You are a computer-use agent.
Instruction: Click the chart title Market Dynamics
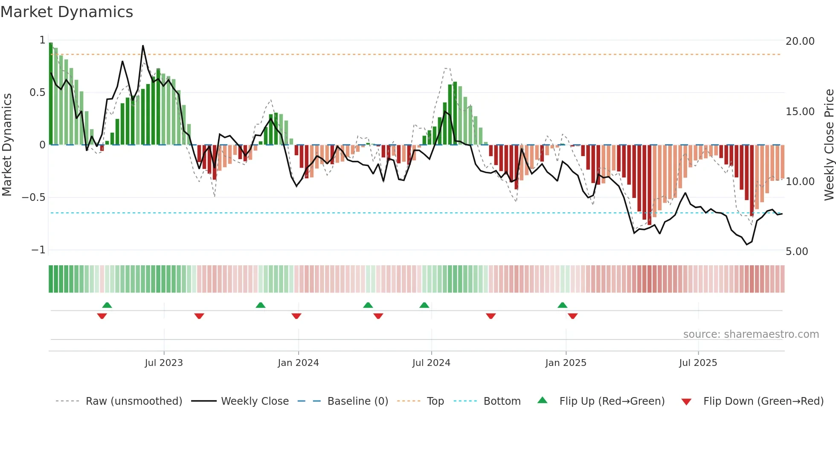point(67,12)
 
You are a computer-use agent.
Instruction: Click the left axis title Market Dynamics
point(7,145)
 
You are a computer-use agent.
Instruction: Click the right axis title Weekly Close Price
point(829,145)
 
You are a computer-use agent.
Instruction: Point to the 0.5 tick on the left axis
point(37,93)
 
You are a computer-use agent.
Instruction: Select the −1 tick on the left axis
point(38,250)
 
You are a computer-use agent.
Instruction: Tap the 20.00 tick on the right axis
point(800,41)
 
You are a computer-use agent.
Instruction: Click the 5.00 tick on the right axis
point(797,252)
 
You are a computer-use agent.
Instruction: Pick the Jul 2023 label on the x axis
point(164,363)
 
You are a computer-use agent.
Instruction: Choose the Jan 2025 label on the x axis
point(566,363)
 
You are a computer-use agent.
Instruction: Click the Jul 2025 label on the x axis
point(698,363)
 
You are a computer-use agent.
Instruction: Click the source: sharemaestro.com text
point(751,334)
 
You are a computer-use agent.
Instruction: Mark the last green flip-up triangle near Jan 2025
point(562,305)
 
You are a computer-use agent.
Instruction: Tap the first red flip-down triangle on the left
point(102,316)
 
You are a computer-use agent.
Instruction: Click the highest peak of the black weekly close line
point(143,46)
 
